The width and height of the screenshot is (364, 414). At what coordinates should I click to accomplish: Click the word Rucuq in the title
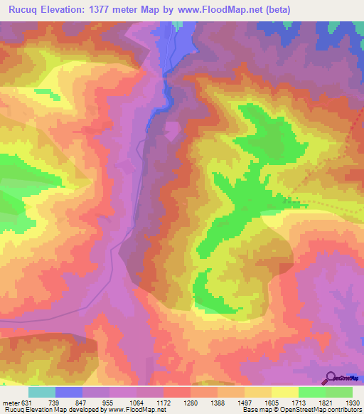[x=25, y=10]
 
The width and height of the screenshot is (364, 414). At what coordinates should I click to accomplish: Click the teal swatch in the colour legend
[x=42, y=392]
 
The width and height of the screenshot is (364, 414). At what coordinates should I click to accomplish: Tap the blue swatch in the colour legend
[x=69, y=392]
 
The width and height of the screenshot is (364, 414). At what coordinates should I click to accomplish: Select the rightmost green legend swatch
[x=339, y=392]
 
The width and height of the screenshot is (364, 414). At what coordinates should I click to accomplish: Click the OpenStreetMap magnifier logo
[x=331, y=378]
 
